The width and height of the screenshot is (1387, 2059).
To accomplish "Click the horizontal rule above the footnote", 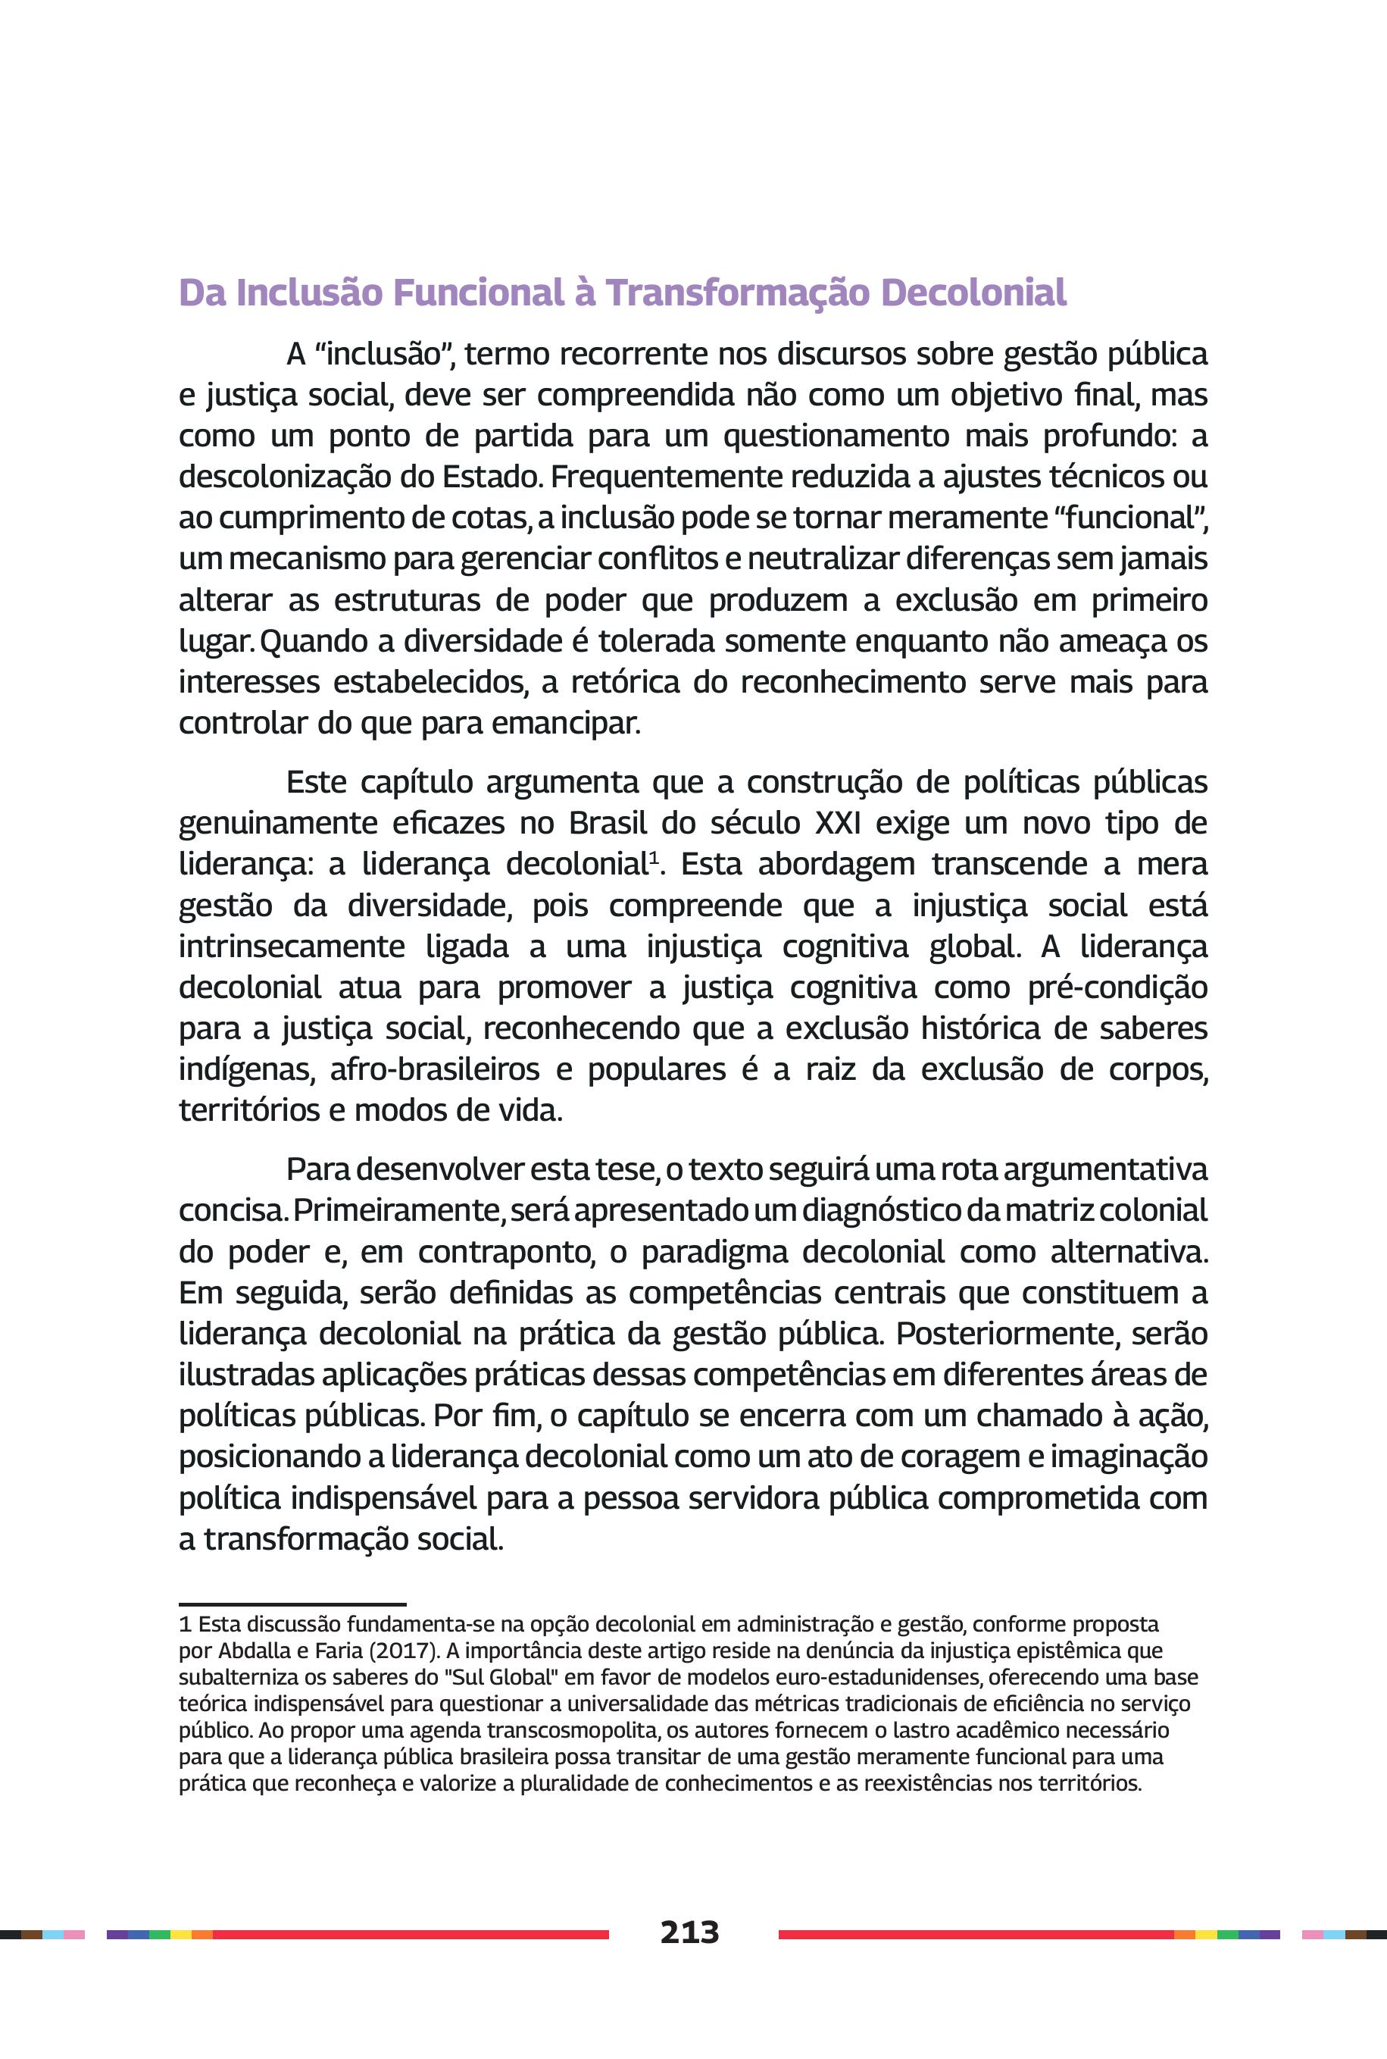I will (x=292, y=1604).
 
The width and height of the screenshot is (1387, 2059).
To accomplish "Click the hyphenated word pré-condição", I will (x=1117, y=987).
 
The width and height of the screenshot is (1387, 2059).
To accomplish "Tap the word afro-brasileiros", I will (x=434, y=1070).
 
